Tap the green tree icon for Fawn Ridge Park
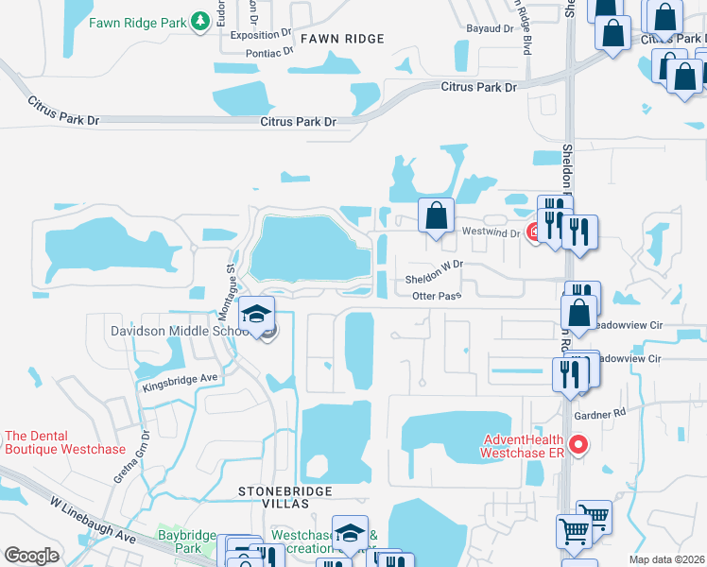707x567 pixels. point(199,21)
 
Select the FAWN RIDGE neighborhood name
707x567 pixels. point(342,39)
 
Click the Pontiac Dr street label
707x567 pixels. point(268,54)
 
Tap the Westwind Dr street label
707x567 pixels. point(491,232)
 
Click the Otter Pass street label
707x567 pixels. point(437,297)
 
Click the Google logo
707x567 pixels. point(32,556)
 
